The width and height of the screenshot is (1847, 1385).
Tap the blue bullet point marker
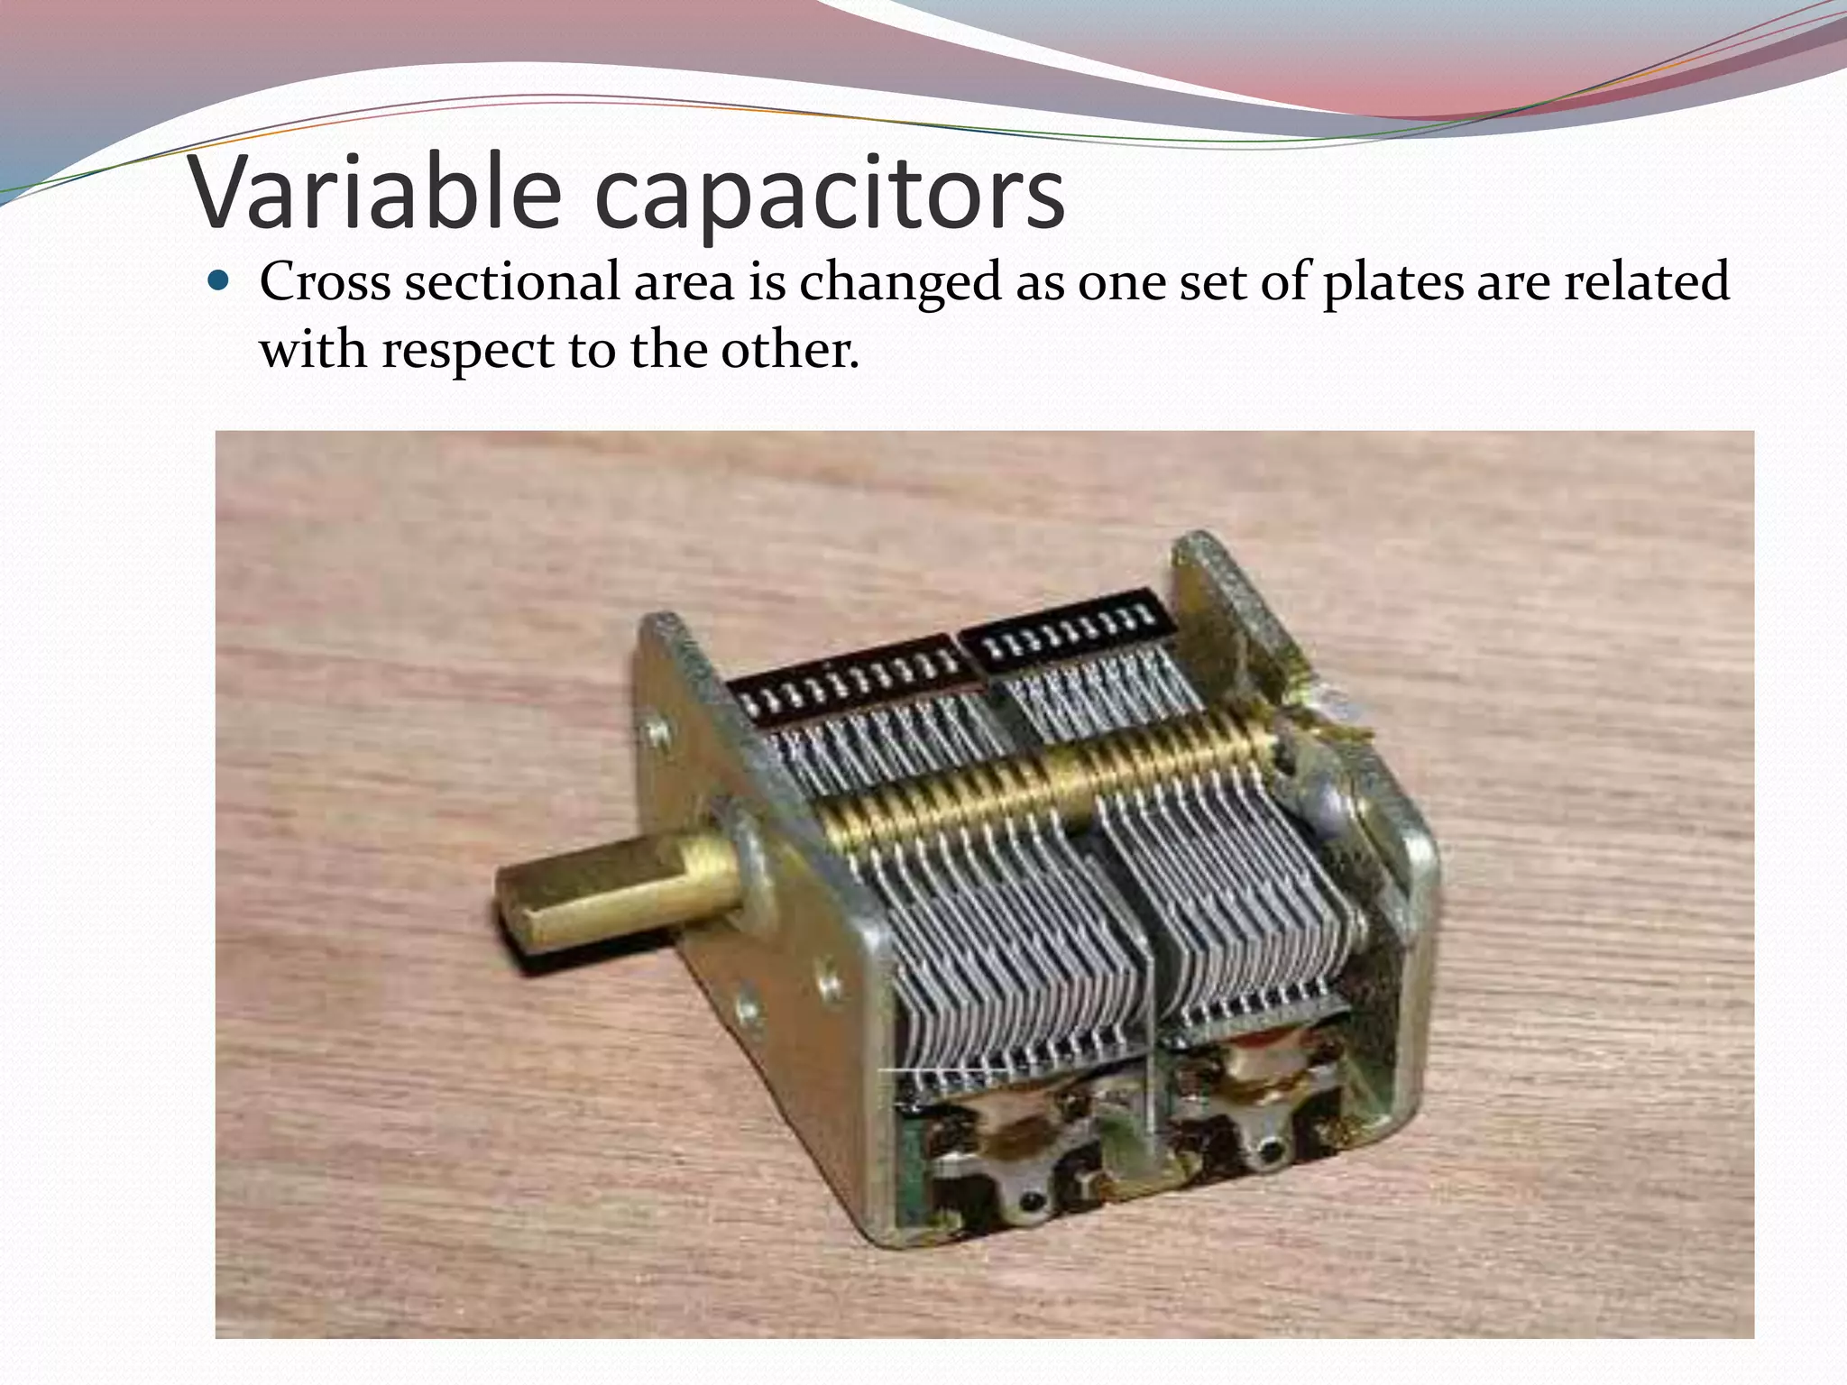[x=219, y=280]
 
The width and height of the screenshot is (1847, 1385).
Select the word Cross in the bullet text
[x=325, y=281]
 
